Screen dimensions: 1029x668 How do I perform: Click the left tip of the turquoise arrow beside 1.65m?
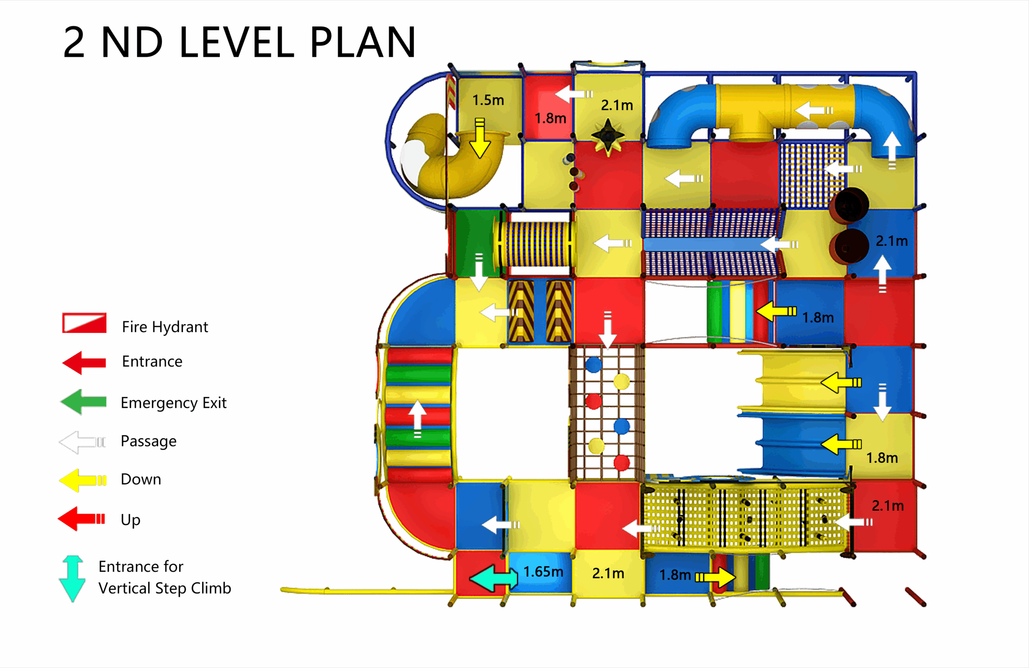[469, 578]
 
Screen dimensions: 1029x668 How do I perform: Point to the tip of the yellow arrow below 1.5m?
[480, 158]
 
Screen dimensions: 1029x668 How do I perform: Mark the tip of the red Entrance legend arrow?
[63, 363]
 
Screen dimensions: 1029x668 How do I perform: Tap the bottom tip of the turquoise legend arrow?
[72, 602]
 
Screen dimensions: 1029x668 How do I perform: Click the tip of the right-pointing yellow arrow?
[736, 577]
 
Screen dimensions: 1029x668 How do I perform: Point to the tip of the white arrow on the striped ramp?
[417, 401]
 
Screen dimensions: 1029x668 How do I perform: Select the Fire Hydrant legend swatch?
[84, 323]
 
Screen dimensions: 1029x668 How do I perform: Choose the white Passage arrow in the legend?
[82, 442]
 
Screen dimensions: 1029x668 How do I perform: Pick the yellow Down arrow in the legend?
[82, 480]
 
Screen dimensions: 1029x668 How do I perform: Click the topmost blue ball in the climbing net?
[594, 364]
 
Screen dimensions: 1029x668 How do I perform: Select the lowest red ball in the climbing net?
[622, 462]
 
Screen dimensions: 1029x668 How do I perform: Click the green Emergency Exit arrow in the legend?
[84, 402]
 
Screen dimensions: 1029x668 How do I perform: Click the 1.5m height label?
[488, 101]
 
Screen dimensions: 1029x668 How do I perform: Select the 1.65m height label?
[543, 572]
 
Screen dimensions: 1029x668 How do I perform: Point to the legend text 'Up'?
[131, 520]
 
